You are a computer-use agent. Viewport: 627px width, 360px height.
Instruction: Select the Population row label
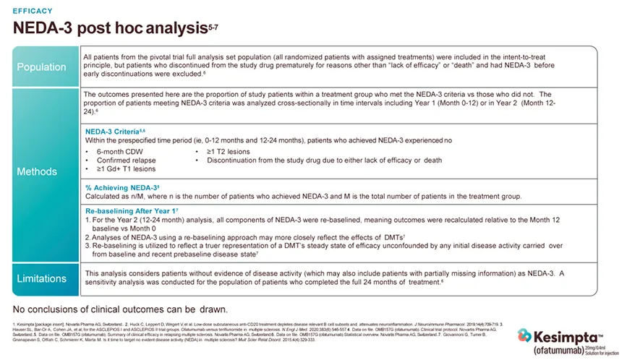(x=42, y=67)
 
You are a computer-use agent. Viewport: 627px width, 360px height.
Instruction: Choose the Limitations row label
(x=42, y=278)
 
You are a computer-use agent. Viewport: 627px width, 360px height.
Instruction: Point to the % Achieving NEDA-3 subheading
(x=117, y=187)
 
